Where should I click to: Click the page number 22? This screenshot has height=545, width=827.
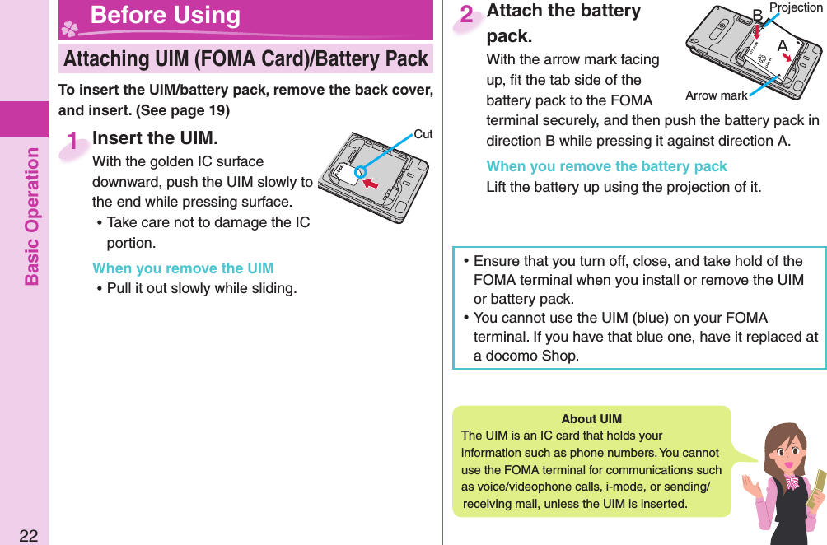pos(28,535)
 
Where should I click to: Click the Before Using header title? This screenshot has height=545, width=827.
pos(166,16)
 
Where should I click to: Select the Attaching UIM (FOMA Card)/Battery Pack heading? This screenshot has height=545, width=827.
pos(245,58)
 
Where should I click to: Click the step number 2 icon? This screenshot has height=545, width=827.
pos(467,15)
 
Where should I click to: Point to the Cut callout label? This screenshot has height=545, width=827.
pos(423,133)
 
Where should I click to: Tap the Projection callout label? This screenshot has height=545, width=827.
pos(795,7)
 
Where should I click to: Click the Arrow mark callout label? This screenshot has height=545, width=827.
pos(716,95)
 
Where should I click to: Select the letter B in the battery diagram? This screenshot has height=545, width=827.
pos(758,15)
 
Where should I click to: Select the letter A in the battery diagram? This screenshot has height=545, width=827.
pos(781,44)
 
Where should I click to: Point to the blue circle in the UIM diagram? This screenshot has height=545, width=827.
pos(360,172)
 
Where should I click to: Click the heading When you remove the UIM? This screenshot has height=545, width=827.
pos(183,268)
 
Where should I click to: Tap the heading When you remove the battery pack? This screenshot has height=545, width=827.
pos(606,166)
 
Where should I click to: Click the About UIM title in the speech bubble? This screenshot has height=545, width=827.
pos(591,419)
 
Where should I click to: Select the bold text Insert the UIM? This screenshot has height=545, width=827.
pos(155,137)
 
